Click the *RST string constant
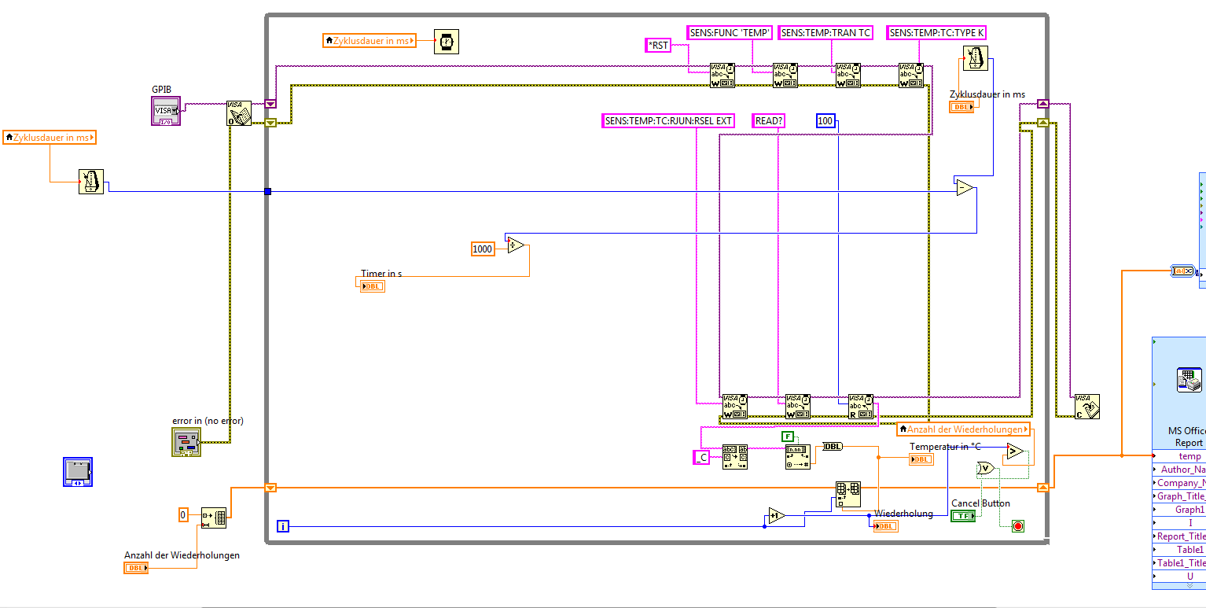point(658,46)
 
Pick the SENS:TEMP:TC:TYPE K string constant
point(936,33)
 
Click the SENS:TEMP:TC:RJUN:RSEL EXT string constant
point(668,121)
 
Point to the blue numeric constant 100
point(825,121)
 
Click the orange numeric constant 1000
point(482,249)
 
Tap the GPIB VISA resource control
point(166,111)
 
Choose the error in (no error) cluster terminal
point(186,442)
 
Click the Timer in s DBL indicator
point(372,286)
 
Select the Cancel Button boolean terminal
point(962,516)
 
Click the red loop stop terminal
point(1018,525)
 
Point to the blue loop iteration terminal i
point(283,526)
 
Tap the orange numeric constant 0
point(183,515)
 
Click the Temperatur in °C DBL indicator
point(921,459)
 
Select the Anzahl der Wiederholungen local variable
point(963,429)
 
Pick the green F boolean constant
point(787,437)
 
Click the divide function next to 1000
point(517,245)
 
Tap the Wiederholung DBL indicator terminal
point(885,526)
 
